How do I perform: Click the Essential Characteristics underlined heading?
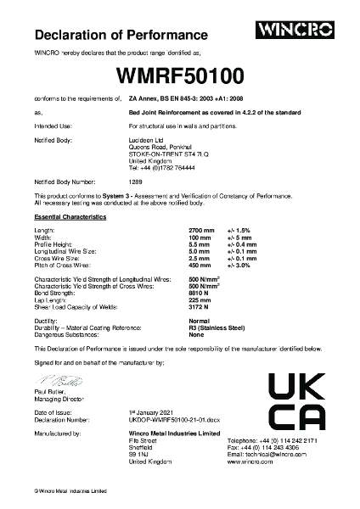coord(70,218)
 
